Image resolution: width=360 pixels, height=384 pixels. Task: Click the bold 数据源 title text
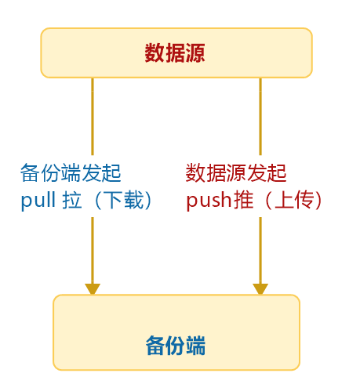click(x=176, y=53)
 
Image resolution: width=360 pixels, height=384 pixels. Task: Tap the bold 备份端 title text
click(x=176, y=346)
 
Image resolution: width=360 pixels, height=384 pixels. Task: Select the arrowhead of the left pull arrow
click(x=93, y=288)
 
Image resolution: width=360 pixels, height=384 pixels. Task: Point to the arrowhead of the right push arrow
click(x=260, y=288)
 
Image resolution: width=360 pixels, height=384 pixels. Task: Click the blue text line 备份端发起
click(x=71, y=172)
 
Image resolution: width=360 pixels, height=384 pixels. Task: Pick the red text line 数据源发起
click(x=236, y=172)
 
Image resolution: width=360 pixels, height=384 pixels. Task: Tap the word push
click(x=208, y=201)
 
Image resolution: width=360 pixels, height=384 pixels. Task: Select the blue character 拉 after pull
click(x=74, y=201)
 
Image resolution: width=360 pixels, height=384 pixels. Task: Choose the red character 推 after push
click(x=242, y=201)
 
